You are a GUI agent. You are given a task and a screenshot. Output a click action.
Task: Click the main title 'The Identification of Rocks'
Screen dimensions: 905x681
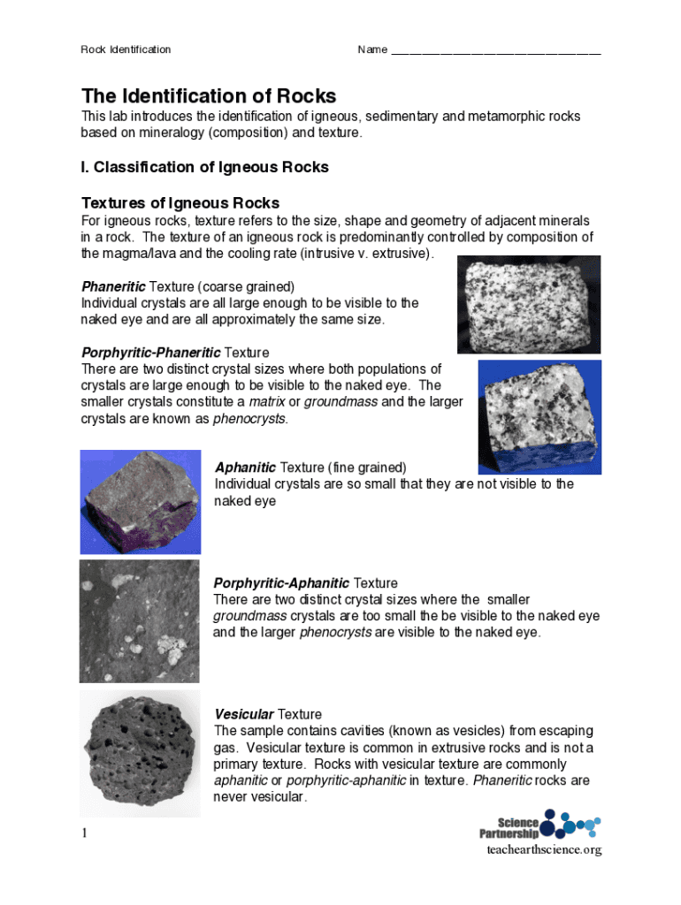209,95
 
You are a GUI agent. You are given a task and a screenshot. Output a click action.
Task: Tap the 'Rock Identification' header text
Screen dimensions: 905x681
126,49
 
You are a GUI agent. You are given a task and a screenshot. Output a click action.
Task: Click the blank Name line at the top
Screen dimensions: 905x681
495,51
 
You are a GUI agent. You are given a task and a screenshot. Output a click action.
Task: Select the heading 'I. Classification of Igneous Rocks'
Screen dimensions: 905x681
204,167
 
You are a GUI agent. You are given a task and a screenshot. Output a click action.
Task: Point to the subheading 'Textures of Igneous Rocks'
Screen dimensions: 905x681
180,202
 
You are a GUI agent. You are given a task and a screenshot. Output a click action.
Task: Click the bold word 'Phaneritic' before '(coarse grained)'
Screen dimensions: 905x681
114,286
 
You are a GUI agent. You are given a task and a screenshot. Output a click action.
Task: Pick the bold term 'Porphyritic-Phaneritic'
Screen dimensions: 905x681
151,353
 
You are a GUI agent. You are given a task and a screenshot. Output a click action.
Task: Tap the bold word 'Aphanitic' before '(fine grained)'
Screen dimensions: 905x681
245,468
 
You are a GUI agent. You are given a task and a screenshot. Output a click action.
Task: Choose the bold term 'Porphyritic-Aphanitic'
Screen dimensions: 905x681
281,583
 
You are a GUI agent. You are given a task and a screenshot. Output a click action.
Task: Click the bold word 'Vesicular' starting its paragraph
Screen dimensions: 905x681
244,714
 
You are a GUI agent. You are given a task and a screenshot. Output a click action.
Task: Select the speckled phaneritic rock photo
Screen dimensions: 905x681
528,304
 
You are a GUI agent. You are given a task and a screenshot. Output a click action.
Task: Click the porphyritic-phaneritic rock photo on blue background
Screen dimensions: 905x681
539,415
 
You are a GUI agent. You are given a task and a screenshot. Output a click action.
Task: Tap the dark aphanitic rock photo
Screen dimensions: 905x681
140,501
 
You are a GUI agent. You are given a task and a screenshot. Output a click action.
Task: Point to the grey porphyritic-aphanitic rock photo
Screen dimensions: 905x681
139,620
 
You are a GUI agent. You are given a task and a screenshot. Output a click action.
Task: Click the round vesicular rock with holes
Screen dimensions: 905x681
139,753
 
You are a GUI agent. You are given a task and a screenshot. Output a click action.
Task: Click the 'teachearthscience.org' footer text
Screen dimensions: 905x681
544,850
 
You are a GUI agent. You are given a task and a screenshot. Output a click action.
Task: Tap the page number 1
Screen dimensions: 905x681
85,833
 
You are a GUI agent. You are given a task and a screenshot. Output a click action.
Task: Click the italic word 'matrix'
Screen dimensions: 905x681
266,402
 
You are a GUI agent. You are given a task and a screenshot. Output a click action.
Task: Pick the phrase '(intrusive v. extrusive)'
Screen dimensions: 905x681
366,254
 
